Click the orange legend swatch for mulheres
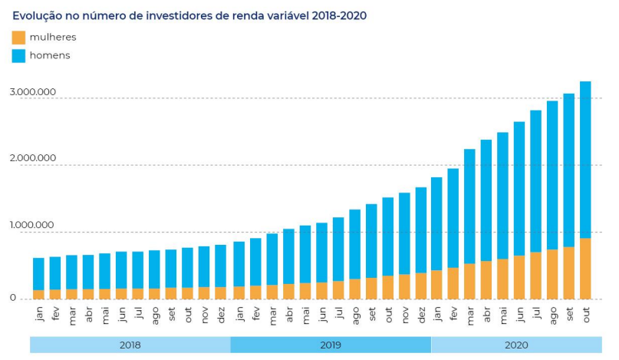click(18, 38)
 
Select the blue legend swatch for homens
click(18, 56)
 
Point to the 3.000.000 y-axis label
click(33, 92)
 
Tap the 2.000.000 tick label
click(33, 158)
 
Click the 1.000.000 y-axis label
click(32, 225)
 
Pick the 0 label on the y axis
click(13, 298)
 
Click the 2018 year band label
click(130, 345)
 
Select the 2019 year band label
click(331, 345)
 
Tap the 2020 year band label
click(516, 345)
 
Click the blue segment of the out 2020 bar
click(585, 160)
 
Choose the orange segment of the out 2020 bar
click(585, 269)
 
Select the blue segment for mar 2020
click(469, 206)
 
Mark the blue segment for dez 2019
click(421, 230)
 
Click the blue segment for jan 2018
click(38, 274)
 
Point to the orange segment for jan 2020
click(436, 285)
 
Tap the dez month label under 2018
click(221, 315)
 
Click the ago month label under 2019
click(356, 315)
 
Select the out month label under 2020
click(586, 315)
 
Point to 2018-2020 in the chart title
click(339, 16)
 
